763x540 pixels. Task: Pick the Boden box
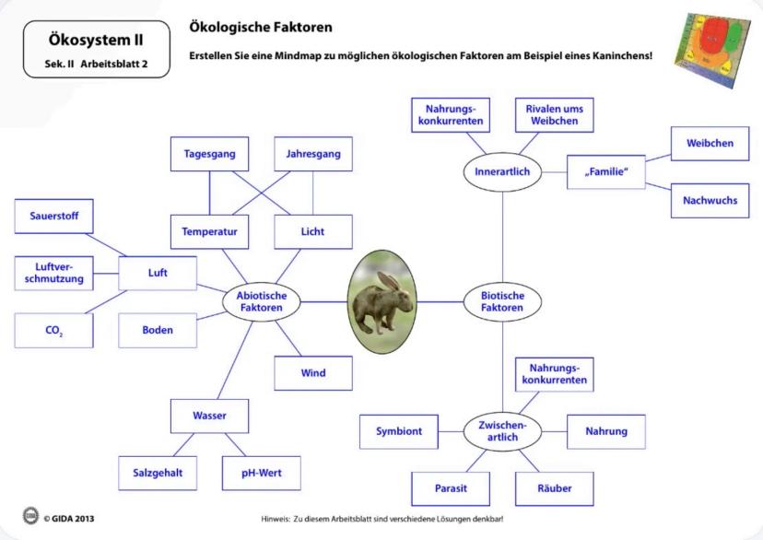[x=158, y=330]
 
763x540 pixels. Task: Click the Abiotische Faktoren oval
[x=262, y=302]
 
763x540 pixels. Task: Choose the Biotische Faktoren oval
[x=503, y=302]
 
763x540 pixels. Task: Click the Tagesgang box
[x=209, y=154]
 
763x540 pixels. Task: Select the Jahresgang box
[x=313, y=154]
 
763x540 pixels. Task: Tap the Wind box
[x=313, y=372]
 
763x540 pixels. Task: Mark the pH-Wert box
[x=262, y=473]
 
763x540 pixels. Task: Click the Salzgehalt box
[x=158, y=473]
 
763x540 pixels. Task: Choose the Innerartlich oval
[x=503, y=172]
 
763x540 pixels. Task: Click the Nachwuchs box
[x=710, y=200]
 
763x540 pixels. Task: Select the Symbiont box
[x=399, y=430]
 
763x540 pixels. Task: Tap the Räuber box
[x=554, y=487]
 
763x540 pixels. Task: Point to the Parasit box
[x=451, y=487]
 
